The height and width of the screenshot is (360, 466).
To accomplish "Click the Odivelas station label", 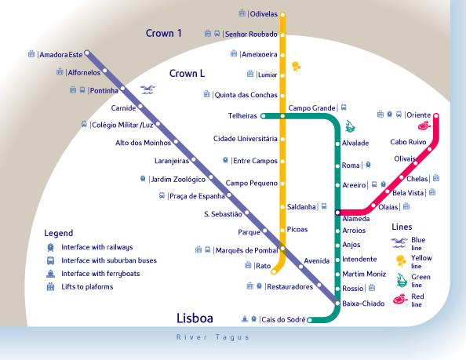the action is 264,14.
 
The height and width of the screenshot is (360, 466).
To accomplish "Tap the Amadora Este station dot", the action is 87,53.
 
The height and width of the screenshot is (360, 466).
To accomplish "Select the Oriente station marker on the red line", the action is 436,115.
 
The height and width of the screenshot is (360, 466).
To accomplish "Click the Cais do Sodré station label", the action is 283,319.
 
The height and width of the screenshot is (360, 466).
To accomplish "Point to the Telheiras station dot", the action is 263,116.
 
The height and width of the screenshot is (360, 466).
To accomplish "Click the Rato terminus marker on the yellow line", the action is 274,271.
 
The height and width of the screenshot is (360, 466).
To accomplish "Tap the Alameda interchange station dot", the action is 337,213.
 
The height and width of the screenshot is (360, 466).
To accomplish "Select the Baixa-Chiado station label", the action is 363,304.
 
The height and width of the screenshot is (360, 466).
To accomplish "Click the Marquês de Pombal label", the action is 246,250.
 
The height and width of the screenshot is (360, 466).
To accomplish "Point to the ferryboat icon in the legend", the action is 50,274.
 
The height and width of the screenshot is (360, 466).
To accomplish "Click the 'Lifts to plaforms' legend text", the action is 87,286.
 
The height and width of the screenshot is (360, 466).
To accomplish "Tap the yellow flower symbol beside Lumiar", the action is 296,67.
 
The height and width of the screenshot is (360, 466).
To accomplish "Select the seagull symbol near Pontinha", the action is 147,89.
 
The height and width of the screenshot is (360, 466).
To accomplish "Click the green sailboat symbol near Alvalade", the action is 350,126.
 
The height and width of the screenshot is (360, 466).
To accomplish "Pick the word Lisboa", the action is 195,318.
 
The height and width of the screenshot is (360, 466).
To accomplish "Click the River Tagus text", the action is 213,337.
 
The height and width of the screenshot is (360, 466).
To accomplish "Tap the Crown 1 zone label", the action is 163,33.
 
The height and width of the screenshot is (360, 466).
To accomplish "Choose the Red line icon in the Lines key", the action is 400,299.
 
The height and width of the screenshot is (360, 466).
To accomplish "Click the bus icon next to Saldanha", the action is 324,206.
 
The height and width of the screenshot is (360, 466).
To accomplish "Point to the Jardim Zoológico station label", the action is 178,180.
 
